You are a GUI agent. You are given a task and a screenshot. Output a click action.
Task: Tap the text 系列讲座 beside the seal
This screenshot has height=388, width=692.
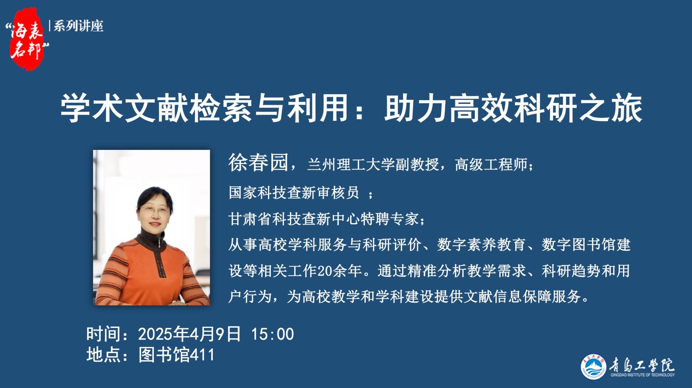78,26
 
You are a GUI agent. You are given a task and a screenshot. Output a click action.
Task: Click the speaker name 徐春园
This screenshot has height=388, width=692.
258,163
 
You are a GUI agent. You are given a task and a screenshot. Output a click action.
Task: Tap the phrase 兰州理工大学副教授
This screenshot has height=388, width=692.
373,165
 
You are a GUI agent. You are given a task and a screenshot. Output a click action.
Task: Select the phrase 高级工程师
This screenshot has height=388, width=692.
491,165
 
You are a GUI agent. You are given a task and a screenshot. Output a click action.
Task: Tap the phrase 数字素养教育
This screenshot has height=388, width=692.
481,245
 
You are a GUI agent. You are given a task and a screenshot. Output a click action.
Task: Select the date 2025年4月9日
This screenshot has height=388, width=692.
190,334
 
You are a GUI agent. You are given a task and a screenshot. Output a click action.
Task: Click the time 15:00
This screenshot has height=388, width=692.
273,334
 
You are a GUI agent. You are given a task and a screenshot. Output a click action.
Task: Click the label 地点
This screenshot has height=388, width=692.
103,355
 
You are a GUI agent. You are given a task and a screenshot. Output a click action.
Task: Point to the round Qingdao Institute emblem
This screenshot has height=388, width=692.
593,367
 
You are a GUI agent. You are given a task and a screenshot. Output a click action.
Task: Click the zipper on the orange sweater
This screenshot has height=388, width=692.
159,256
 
